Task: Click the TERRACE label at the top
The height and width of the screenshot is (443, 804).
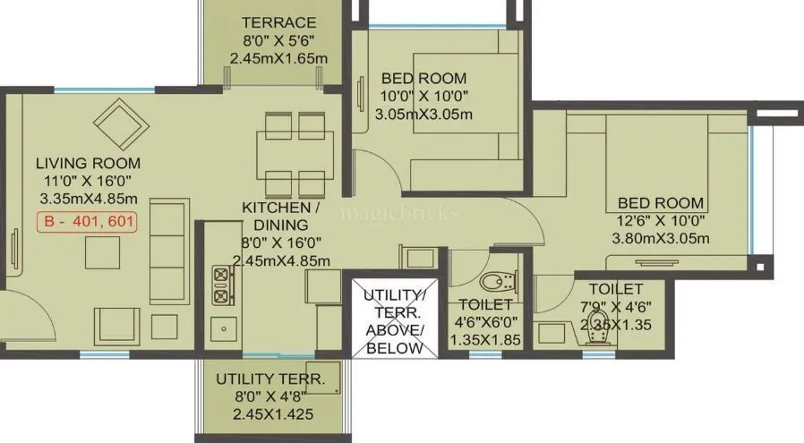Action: pyautogui.click(x=278, y=22)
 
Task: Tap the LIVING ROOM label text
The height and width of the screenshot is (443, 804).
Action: pyautogui.click(x=88, y=163)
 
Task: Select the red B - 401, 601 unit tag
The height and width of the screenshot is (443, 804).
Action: pyautogui.click(x=88, y=223)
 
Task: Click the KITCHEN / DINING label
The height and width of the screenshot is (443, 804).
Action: pyautogui.click(x=275, y=216)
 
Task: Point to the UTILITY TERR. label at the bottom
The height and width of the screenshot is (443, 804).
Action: pyautogui.click(x=270, y=379)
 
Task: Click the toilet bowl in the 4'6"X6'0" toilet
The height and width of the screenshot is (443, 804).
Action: pyautogui.click(x=494, y=282)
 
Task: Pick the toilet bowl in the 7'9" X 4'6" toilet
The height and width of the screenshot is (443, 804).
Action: pyautogui.click(x=597, y=323)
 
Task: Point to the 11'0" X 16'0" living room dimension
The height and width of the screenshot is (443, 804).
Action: pyautogui.click(x=88, y=181)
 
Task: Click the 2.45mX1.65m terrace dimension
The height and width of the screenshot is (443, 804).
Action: pyautogui.click(x=278, y=59)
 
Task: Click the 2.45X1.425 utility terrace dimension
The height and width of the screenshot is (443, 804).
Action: pyautogui.click(x=270, y=414)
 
